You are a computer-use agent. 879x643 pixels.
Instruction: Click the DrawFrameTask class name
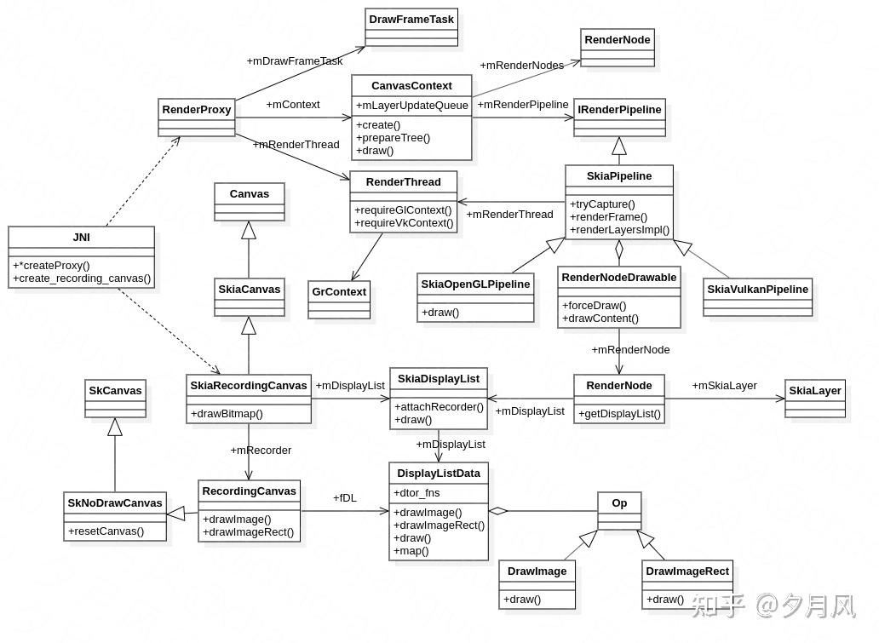(411, 19)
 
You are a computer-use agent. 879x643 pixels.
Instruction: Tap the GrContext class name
(339, 291)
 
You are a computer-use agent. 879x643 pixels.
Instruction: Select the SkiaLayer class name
(814, 391)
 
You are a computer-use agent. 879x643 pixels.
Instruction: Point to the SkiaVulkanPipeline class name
(757, 290)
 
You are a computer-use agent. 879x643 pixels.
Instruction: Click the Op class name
(619, 502)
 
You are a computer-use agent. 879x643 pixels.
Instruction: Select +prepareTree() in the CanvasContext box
(393, 138)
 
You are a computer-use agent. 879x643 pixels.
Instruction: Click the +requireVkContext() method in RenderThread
(404, 223)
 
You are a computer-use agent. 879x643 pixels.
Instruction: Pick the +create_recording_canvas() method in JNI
(82, 278)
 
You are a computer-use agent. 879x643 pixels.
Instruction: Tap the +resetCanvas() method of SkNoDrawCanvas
(106, 531)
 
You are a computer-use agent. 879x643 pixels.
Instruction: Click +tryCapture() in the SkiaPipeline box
(602, 204)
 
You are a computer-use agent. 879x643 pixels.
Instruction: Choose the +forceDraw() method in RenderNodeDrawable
(594, 306)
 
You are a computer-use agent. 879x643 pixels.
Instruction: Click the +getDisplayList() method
(619, 414)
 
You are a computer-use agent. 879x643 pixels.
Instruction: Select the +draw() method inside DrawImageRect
(665, 600)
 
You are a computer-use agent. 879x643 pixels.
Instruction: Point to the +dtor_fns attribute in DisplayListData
(417, 493)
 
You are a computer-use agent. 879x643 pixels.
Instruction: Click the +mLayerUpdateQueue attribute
(411, 106)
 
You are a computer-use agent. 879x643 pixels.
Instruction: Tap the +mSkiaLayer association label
(724, 385)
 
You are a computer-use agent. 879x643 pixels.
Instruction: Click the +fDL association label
(344, 498)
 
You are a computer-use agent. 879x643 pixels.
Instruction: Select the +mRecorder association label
(261, 451)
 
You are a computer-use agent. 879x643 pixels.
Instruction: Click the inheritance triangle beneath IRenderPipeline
(619, 146)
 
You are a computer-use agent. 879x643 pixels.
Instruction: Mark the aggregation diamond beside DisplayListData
(498, 511)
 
